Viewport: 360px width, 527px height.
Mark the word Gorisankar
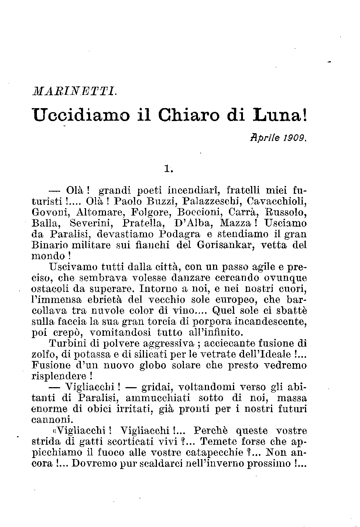click(225, 245)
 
